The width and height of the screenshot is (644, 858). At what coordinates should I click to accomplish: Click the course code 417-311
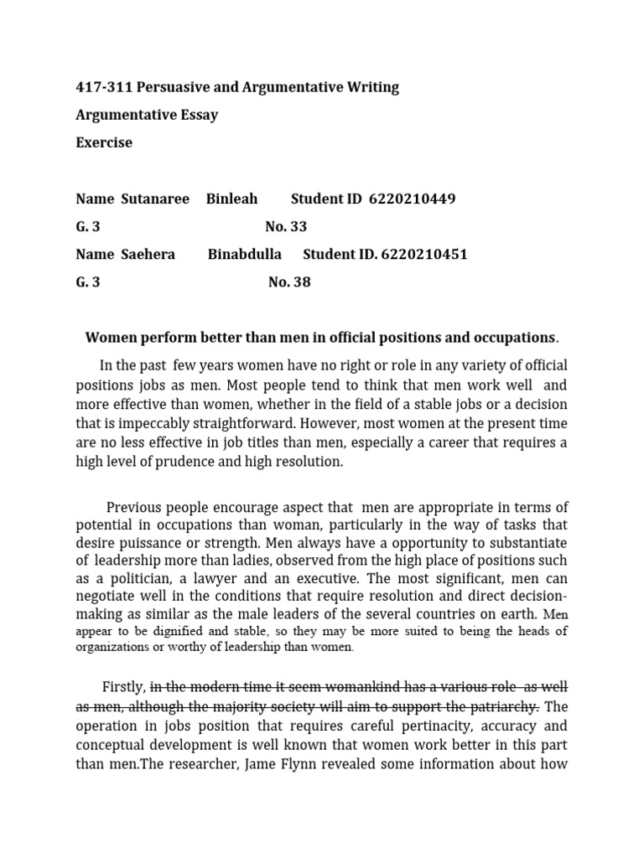[104, 87]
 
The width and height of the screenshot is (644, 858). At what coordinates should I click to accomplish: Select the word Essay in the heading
[198, 115]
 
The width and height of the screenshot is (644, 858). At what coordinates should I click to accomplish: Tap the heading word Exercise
[104, 142]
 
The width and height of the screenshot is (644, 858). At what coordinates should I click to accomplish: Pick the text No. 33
[286, 226]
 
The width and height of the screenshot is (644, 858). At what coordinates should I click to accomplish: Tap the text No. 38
[289, 282]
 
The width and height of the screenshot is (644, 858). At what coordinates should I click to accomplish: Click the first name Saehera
[148, 254]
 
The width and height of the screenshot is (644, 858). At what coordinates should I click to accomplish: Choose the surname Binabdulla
[245, 254]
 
